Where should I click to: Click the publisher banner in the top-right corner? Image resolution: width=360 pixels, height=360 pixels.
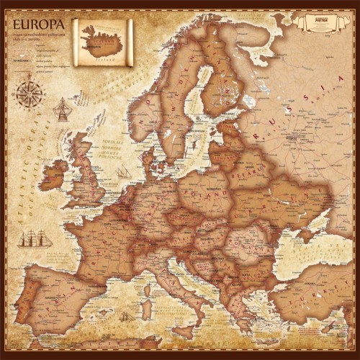(x=318, y=20)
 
